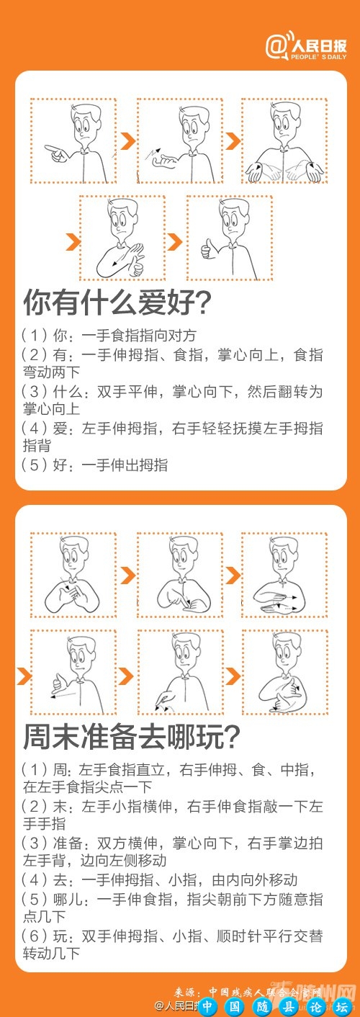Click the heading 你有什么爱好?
click(117, 303)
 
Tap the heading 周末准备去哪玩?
click(132, 736)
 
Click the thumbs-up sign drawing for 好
click(230, 238)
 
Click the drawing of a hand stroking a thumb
click(122, 238)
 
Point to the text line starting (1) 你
click(108, 336)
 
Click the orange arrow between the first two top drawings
click(127, 140)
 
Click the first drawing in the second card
click(73, 575)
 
